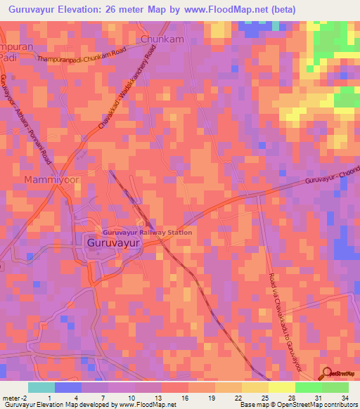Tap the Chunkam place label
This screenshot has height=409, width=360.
coord(162,39)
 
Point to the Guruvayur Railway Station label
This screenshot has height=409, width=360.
coord(147,232)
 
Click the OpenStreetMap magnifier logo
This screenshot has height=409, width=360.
coord(326,373)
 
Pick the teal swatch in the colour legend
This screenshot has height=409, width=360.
coord(41,387)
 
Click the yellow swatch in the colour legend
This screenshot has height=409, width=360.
coord(281,387)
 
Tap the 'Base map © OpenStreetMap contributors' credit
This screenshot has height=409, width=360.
coord(298,405)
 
